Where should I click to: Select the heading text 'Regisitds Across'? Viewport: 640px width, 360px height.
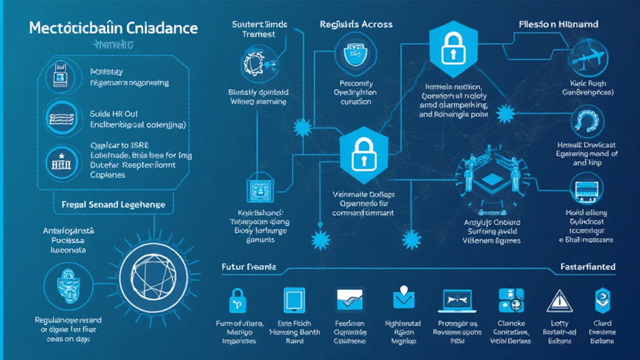356,24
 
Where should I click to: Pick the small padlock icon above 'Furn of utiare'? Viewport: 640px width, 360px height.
237,298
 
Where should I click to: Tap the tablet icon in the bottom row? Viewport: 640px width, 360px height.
294,300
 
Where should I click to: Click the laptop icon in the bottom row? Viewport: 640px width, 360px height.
460,301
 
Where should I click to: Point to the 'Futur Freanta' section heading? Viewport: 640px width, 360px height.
249,267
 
